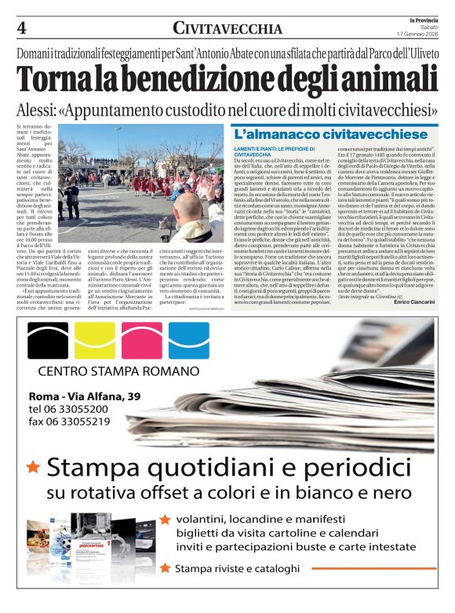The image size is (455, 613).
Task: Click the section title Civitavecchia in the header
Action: click(x=227, y=29)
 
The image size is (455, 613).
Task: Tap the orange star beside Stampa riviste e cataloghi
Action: click(x=165, y=567)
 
